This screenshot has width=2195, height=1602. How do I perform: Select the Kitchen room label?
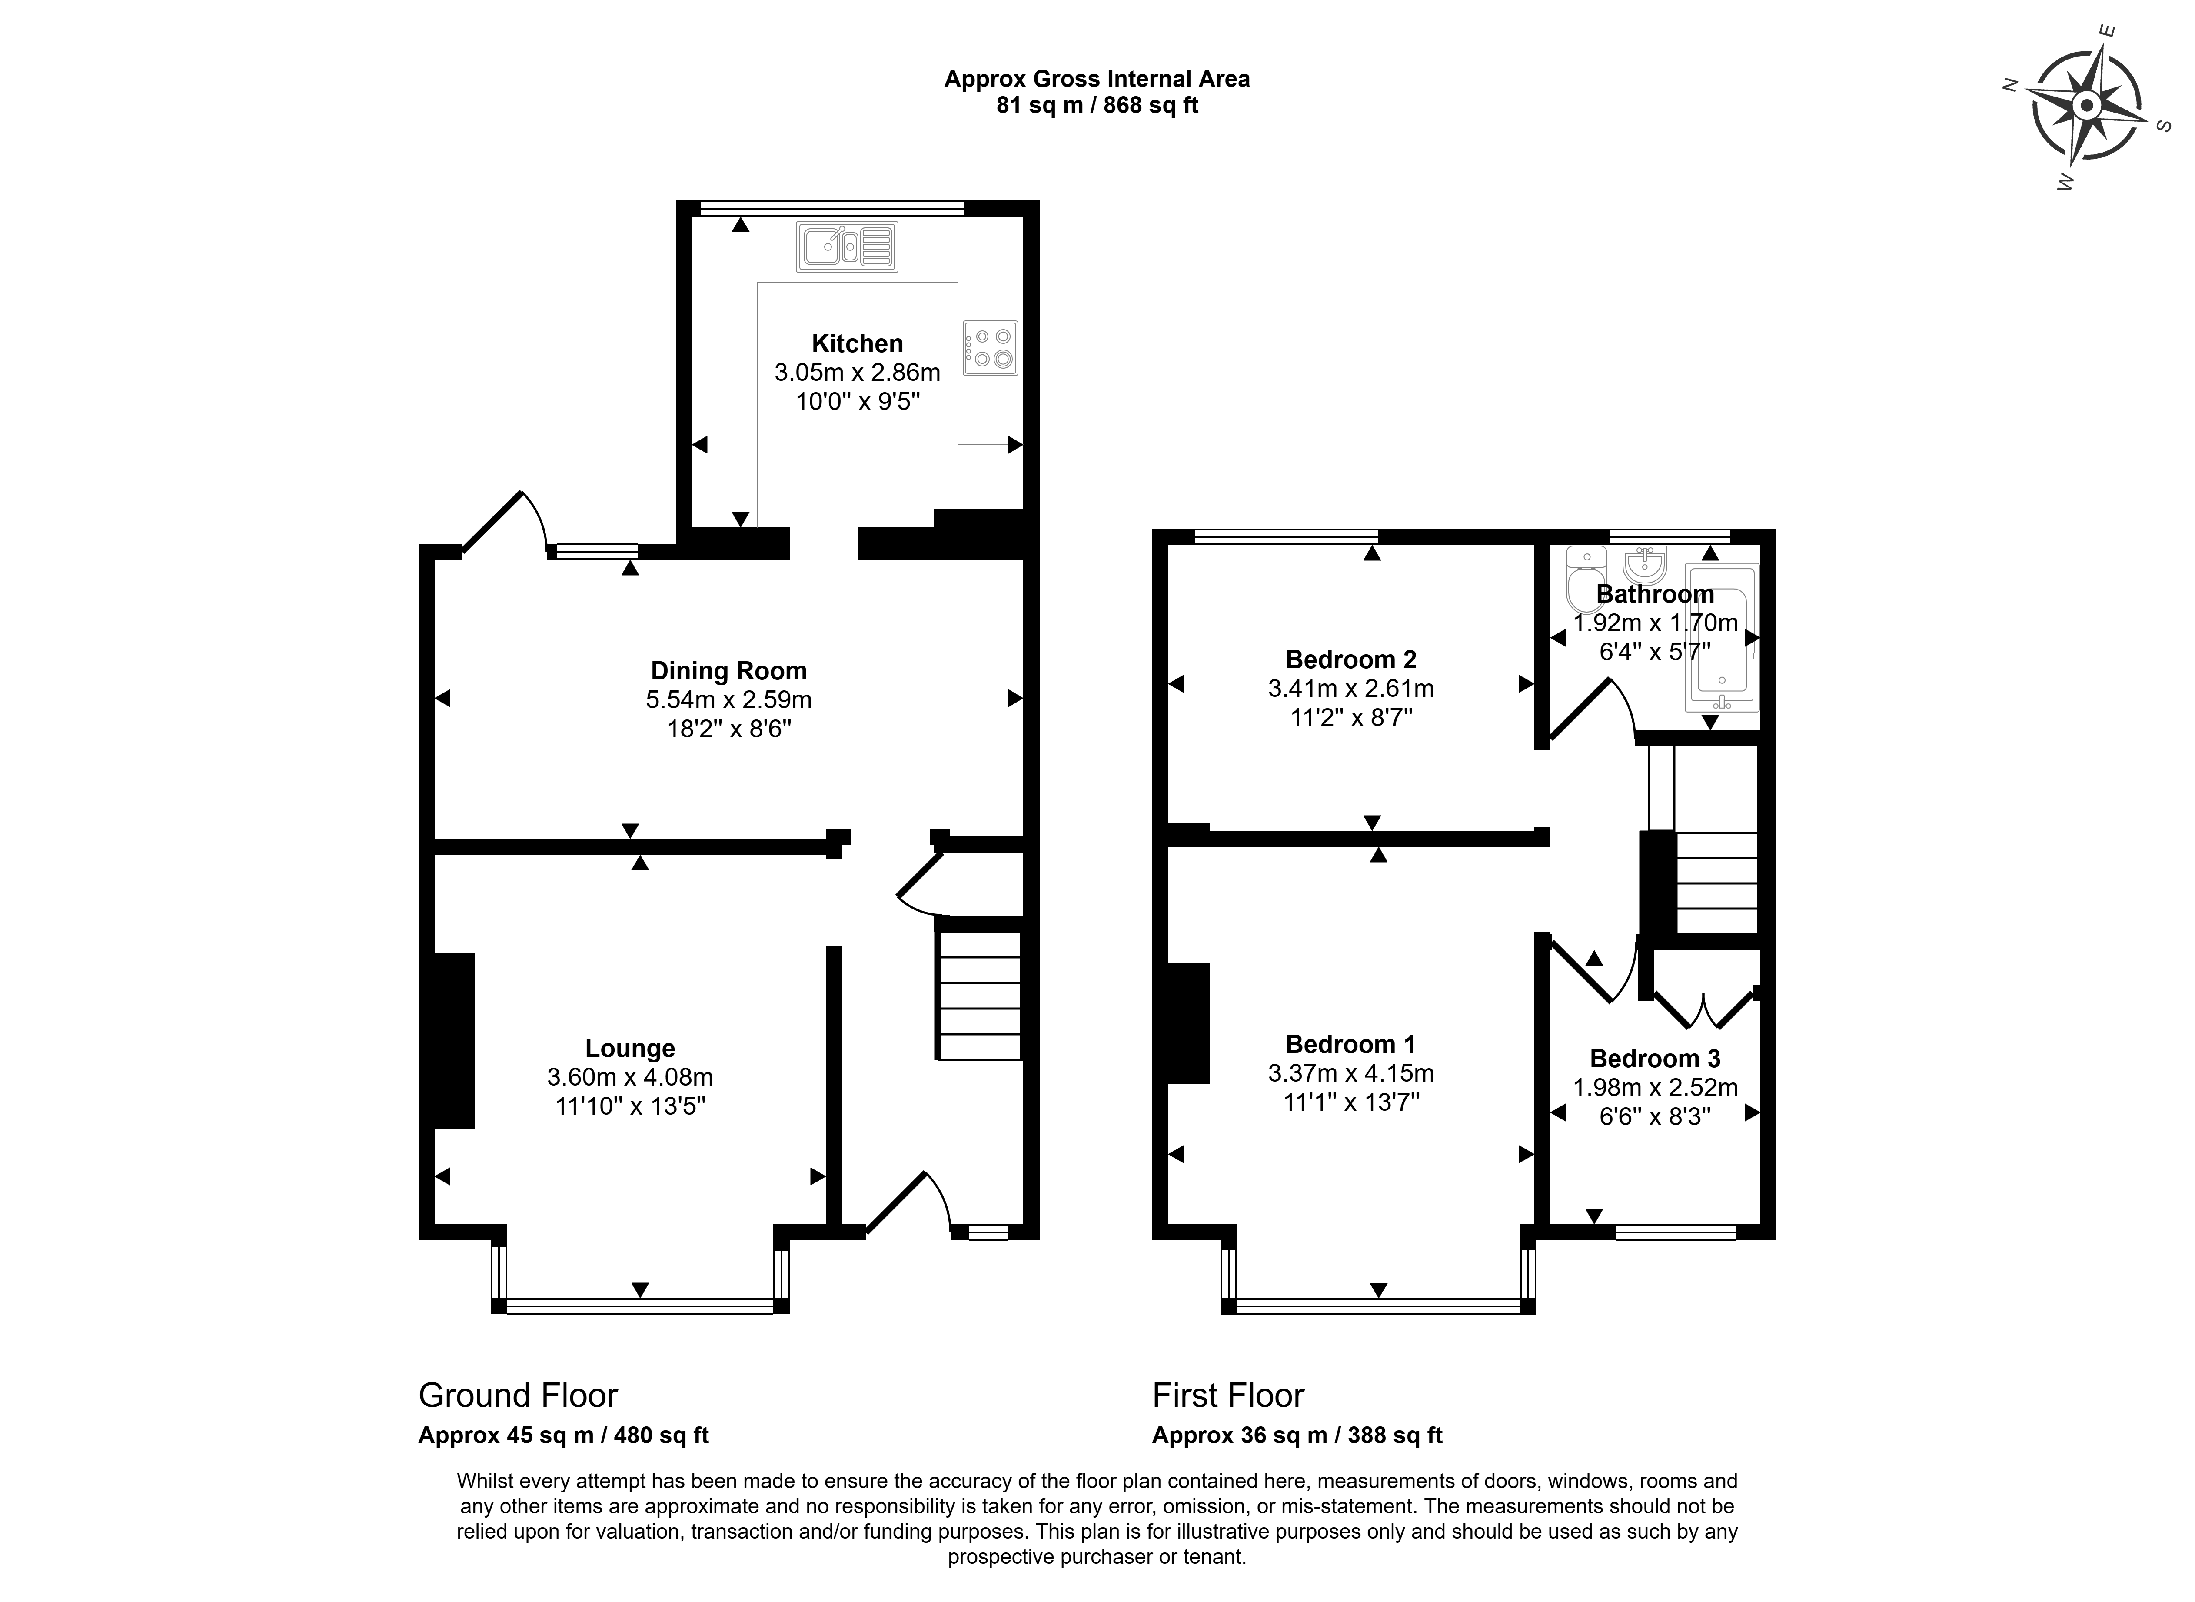857,343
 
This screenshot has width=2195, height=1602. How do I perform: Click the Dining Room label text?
728,671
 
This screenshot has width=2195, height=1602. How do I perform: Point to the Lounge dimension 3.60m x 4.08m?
630,1076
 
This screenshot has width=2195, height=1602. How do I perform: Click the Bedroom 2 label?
1350,659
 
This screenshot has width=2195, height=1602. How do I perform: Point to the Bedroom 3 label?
1655,1059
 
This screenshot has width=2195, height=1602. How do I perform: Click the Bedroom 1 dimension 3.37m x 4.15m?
1350,1073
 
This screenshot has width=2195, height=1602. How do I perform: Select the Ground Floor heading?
518,1396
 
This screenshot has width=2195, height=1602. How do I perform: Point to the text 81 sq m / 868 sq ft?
1097,105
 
